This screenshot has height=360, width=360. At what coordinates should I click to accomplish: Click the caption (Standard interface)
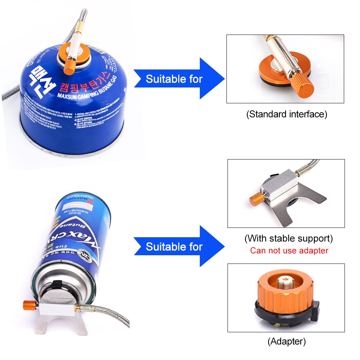[287, 114]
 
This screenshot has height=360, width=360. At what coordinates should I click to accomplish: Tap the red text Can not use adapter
[289, 251]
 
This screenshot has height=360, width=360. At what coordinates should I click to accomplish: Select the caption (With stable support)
[288, 238]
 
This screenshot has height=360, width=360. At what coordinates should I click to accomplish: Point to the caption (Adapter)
[287, 341]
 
